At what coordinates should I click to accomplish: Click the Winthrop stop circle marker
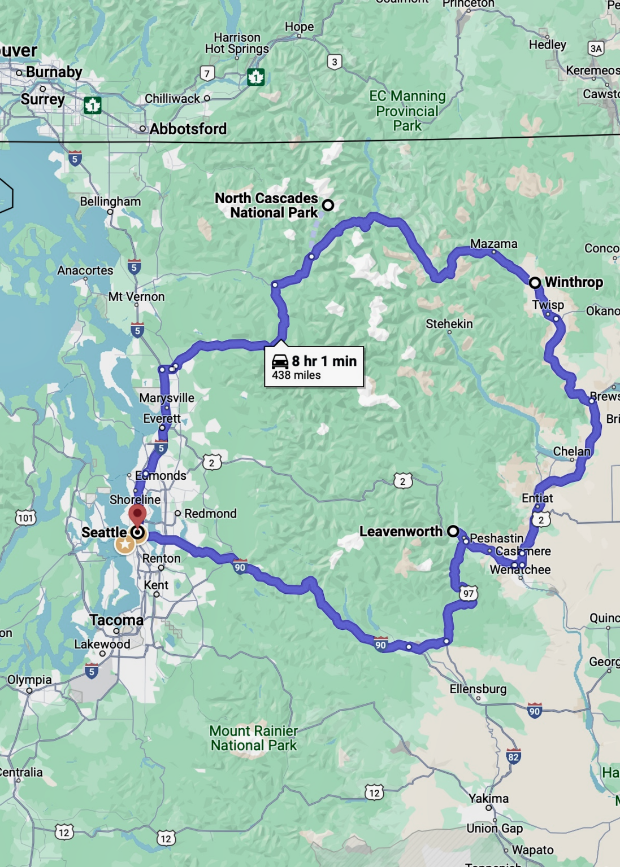pos(535,282)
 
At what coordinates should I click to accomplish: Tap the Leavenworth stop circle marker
pos(453,531)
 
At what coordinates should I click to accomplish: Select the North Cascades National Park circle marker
pos(328,205)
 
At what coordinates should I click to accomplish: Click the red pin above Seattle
pos(137,515)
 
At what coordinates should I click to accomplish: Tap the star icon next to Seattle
pos(125,544)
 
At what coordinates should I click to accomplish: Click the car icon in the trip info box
pos(280,361)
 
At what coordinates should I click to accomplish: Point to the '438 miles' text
pos(296,375)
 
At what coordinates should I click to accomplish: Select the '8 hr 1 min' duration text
pos(324,361)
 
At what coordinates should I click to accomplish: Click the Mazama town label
pos(493,244)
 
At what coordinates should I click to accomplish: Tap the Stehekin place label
pos(449,324)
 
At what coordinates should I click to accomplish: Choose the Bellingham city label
pos(110,202)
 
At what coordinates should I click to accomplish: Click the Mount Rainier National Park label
pos(253,738)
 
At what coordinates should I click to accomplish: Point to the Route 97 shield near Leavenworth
pos(469,593)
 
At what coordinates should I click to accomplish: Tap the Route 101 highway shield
pos(25,518)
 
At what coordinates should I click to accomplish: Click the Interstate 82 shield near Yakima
pos(513,757)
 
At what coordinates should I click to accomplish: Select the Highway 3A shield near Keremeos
pos(596,49)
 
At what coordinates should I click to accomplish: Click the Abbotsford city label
pos(188,129)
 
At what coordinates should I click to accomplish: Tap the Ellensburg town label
pos(478,689)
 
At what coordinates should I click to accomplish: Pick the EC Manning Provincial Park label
pos(407,111)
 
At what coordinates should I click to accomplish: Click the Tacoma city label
pos(116,620)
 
